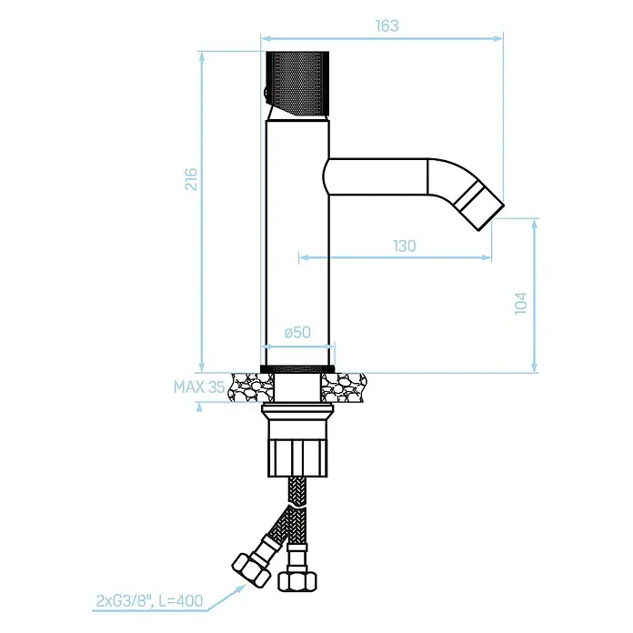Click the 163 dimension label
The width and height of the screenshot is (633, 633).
click(x=387, y=25)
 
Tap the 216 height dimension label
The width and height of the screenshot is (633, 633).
click(x=191, y=179)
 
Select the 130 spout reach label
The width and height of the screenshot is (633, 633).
click(x=405, y=246)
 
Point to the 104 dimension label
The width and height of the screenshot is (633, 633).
click(x=521, y=303)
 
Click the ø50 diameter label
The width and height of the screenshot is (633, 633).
click(x=297, y=332)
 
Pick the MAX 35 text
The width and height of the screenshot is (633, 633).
click(x=199, y=387)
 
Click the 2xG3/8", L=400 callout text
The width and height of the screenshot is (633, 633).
click(x=149, y=600)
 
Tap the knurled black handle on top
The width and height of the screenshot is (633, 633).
click(x=298, y=84)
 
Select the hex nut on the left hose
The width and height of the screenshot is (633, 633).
click(x=251, y=568)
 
